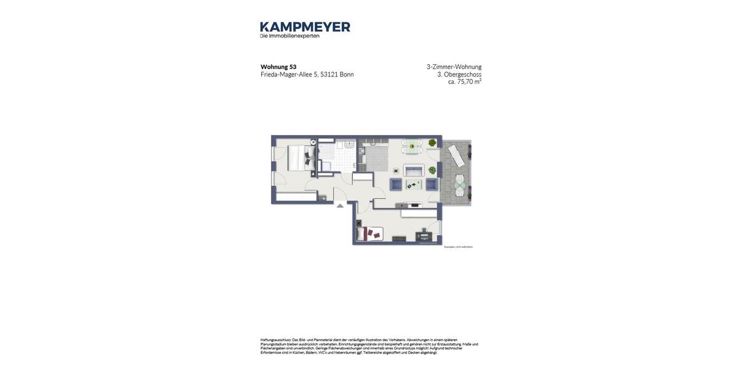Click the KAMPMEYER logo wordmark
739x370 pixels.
click(x=305, y=27)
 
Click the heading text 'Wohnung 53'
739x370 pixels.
click(x=278, y=67)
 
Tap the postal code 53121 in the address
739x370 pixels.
click(x=329, y=75)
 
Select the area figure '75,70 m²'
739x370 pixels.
click(x=469, y=81)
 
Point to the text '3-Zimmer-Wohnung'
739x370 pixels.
click(x=454, y=67)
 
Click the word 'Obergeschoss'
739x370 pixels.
click(x=462, y=74)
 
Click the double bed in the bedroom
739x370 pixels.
click(x=301, y=158)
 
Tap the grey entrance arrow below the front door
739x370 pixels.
click(x=340, y=206)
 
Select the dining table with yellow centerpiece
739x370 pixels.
click(x=411, y=147)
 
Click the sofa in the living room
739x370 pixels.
click(x=413, y=170)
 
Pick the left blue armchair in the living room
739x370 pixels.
click(x=395, y=184)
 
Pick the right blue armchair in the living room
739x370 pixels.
click(x=432, y=184)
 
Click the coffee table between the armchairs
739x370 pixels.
click(x=413, y=185)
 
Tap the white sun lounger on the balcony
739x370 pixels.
click(x=456, y=155)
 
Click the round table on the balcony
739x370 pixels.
click(x=460, y=183)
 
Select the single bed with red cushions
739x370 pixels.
click(x=370, y=234)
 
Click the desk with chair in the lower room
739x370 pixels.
click(x=424, y=235)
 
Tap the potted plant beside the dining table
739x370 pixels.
click(x=432, y=143)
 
